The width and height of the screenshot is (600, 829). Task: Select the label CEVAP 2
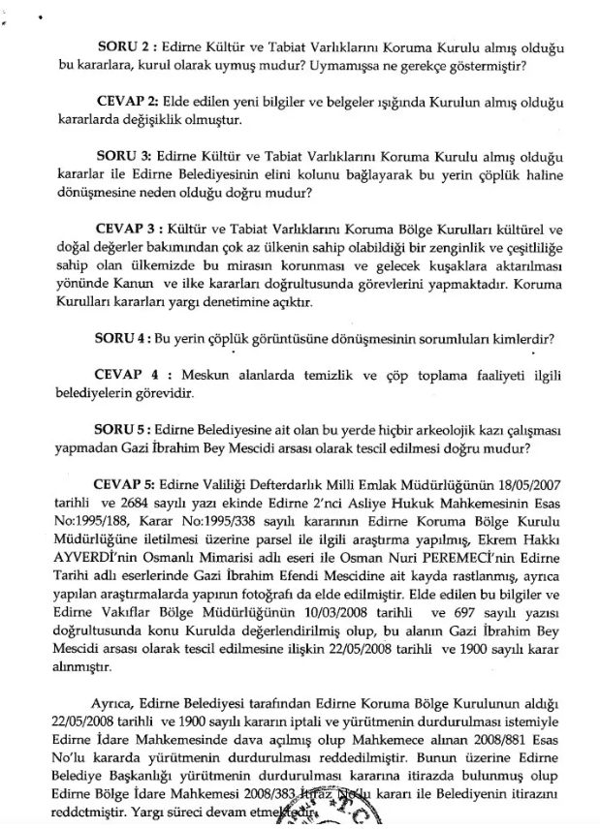(x=128, y=102)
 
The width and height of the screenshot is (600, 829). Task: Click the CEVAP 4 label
(x=131, y=373)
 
